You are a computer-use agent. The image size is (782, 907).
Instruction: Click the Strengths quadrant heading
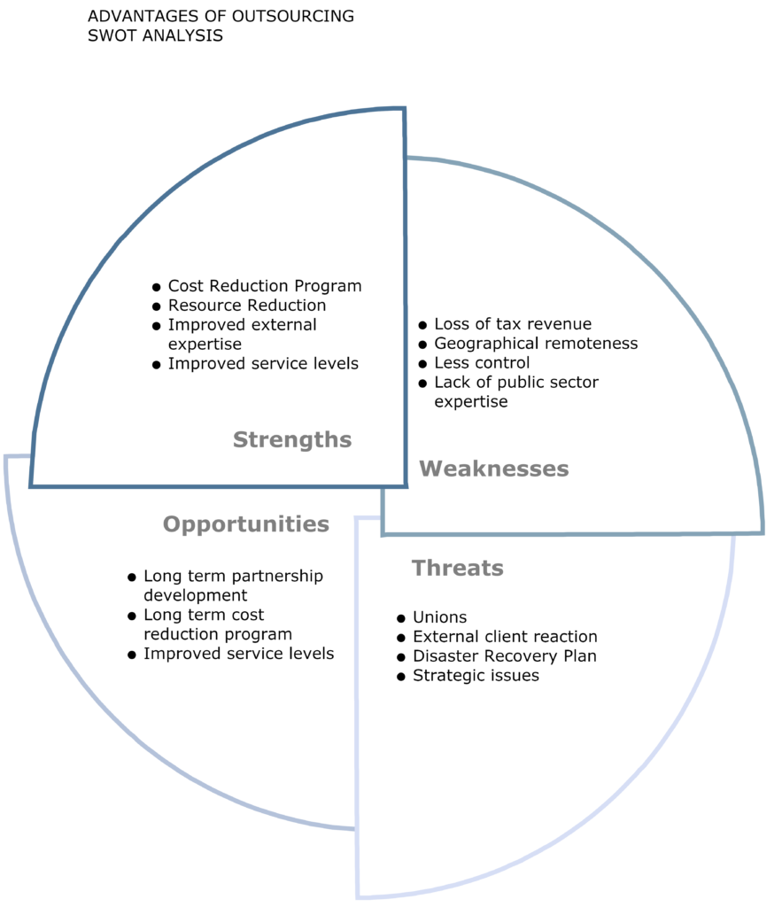click(292, 440)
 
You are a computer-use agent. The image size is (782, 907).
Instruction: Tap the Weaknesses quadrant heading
click(494, 469)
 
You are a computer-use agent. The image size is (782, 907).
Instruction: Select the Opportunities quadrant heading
click(246, 524)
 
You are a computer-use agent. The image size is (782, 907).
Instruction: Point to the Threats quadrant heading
click(458, 568)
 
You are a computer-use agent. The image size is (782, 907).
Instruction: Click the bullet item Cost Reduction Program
click(265, 286)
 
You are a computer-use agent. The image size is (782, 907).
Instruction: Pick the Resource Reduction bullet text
click(247, 306)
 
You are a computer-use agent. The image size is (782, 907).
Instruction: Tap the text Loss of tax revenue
click(513, 324)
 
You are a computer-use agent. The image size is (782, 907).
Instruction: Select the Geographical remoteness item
click(536, 344)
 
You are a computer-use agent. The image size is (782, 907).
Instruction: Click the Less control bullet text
click(482, 362)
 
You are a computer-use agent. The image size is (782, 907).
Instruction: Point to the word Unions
click(439, 617)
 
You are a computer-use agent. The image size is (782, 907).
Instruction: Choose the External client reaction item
click(505, 637)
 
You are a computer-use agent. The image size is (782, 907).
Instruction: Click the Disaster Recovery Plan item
click(505, 656)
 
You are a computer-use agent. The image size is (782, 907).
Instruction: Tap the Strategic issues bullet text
click(476, 676)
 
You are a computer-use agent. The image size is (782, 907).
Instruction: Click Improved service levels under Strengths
click(263, 364)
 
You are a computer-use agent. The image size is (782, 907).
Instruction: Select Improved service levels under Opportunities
click(239, 654)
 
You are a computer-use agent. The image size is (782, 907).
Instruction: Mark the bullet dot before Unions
click(401, 619)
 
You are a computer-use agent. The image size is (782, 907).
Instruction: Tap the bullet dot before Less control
click(422, 364)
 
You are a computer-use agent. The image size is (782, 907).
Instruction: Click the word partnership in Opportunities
click(277, 577)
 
